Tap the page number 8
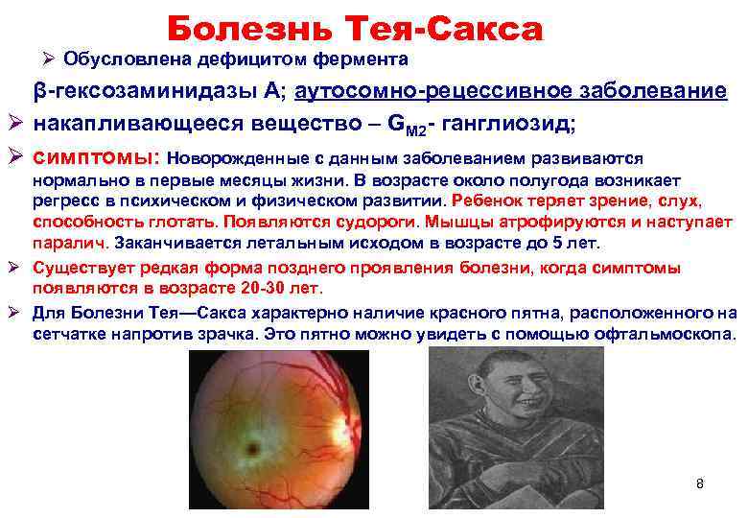[700, 483]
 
